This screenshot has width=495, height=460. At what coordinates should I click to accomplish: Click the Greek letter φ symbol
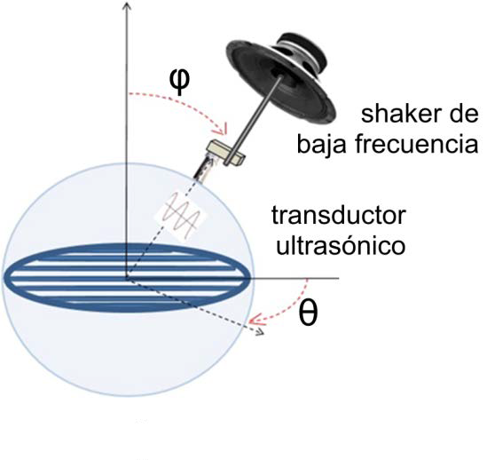[180, 82]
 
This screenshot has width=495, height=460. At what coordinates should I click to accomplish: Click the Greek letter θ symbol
[308, 313]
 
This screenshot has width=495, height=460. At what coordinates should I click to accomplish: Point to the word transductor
[338, 216]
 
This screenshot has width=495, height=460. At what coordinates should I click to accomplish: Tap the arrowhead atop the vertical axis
[127, 4]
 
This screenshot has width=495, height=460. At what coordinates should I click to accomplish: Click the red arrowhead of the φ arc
[223, 129]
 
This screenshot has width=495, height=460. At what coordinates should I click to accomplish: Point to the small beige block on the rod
[225, 153]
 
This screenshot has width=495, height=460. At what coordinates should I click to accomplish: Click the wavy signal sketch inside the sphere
[181, 215]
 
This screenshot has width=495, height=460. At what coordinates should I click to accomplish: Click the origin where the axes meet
[127, 278]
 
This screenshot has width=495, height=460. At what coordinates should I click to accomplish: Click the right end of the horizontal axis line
[339, 278]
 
